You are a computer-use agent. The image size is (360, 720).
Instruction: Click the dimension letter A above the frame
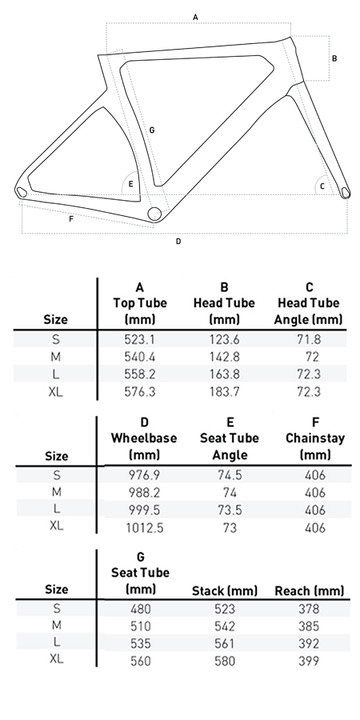coord(196,17)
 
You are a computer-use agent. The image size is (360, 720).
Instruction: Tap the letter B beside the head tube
coord(334,58)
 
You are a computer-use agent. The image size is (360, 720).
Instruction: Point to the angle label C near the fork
coord(322,186)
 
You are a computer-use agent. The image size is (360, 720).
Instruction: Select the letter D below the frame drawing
coord(178,241)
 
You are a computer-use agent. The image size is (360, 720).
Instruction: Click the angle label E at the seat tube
coord(131,184)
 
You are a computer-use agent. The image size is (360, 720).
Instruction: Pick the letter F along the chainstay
coord(71,219)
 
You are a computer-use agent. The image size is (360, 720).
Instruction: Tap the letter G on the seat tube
coord(152,130)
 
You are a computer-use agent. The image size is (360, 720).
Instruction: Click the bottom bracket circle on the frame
coord(154,214)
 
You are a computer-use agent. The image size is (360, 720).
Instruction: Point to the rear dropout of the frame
coord(21,191)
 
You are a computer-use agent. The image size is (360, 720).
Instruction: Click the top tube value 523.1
coord(139,339)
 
